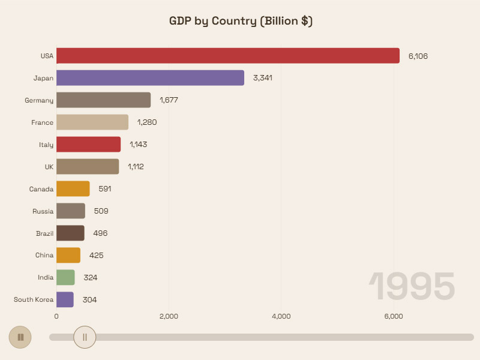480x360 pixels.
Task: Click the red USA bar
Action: tap(228, 56)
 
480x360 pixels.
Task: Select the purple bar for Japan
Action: tap(150, 78)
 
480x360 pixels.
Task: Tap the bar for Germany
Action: tap(103, 100)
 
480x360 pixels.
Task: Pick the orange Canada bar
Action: tap(73, 189)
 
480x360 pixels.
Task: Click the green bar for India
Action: tap(65, 277)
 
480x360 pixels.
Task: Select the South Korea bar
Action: tap(65, 299)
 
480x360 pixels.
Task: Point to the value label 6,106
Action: tap(418, 56)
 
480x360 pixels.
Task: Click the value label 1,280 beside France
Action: tap(147, 122)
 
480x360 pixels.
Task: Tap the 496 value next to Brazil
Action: tap(100, 233)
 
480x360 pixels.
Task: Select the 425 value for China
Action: tap(96, 255)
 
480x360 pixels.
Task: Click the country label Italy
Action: tap(46, 145)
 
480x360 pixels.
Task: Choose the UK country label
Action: tap(49, 167)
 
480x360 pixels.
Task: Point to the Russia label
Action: tap(43, 211)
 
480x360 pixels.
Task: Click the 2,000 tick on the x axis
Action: tap(169, 316)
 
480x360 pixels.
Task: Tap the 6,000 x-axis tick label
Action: tap(394, 316)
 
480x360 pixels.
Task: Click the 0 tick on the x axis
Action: tap(56, 316)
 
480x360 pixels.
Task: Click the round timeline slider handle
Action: tap(85, 337)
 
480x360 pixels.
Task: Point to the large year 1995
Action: tap(412, 286)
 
